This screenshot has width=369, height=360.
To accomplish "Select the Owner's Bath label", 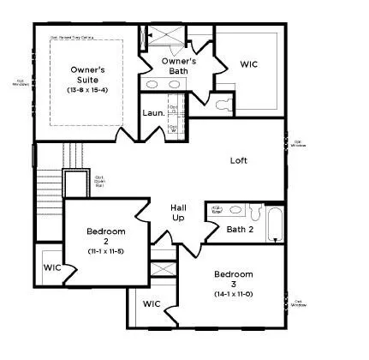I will coord(180,66).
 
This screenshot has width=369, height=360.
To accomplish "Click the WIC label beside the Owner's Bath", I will coord(250,63).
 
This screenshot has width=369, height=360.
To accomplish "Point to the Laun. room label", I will coord(153,112).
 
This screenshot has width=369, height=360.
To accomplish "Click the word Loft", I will coord(239,160).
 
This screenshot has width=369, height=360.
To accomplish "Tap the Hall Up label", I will coord(178,213).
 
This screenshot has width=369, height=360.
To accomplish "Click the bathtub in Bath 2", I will coord(274,225).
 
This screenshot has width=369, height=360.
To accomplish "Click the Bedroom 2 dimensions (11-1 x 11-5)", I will coord(106,250).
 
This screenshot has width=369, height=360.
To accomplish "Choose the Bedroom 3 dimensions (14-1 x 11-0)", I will coord(233,294).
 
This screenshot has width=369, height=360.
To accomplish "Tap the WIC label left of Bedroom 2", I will coord(52,267).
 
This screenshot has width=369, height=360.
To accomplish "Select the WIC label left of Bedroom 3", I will coord(152,303).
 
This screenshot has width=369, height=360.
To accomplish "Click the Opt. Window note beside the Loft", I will coord(299,144).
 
